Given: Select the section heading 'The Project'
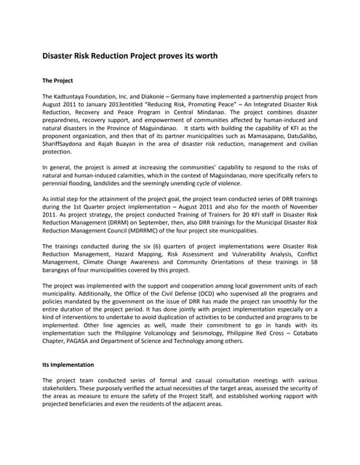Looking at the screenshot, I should click(57, 80).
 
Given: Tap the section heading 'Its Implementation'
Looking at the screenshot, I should click(68, 363).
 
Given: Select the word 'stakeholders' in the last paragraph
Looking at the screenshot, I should click(64, 388).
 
